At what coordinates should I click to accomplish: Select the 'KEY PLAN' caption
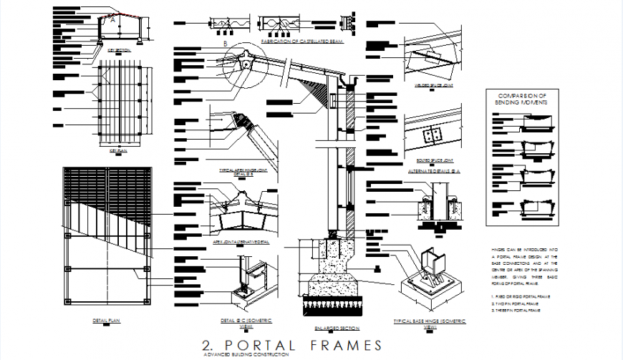pos(117,151)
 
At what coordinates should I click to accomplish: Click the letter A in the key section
pos(112,21)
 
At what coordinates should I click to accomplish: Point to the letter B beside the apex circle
pos(225,44)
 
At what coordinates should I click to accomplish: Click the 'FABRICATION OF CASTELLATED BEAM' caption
pos(303,42)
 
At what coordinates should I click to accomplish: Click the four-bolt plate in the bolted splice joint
pos(431,136)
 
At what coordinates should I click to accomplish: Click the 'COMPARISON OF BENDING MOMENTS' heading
pos(523,99)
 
